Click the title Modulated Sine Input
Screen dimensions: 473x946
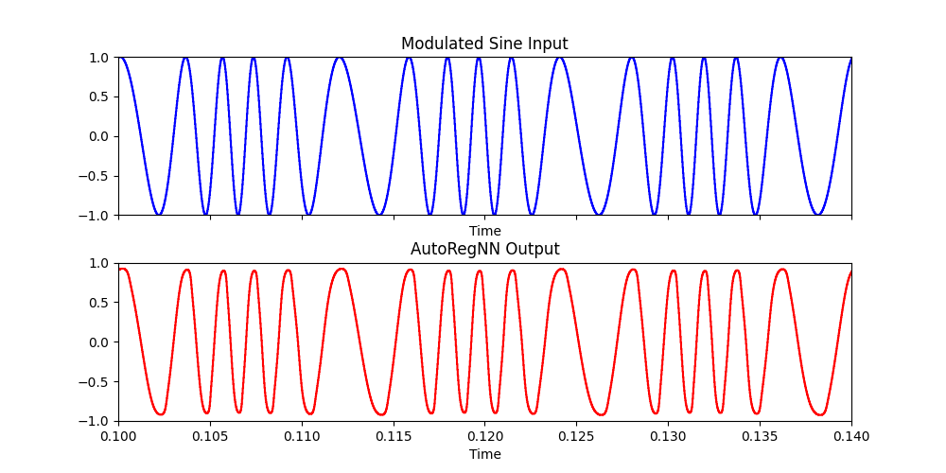point(484,44)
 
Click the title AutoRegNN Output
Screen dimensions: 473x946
point(484,249)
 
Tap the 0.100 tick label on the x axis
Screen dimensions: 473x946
point(118,437)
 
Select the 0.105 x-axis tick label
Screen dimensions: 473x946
point(210,437)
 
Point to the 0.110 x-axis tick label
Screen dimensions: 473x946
point(302,437)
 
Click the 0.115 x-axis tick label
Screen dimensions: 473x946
point(394,437)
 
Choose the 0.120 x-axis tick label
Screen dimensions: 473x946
point(484,437)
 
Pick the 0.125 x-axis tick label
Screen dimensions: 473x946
point(576,437)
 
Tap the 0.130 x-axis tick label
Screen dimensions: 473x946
point(668,437)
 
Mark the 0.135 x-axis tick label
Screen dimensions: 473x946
point(760,437)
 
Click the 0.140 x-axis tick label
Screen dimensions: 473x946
point(851,437)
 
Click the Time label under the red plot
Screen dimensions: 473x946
point(484,454)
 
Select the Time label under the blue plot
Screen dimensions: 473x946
point(484,231)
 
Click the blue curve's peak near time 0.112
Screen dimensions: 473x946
point(339,58)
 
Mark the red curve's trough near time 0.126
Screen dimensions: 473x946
point(600,414)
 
